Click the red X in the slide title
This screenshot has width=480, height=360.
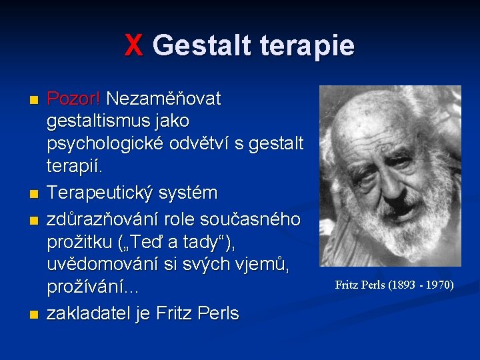click(x=134, y=46)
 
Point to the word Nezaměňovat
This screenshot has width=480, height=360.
click(x=163, y=99)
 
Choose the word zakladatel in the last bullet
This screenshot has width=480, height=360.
click(x=91, y=313)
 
